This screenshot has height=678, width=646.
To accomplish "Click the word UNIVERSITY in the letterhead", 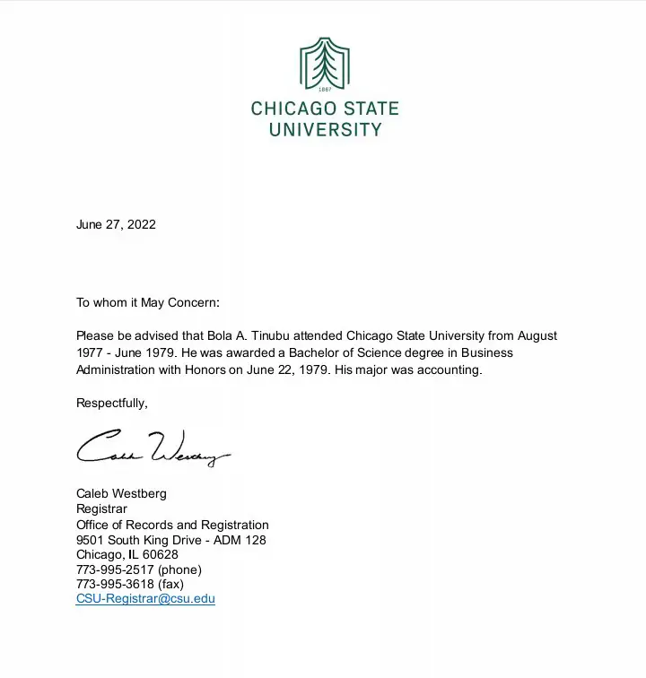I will click(325, 129).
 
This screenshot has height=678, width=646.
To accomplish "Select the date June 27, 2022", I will click(116, 224).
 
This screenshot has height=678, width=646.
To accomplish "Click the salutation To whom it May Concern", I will click(147, 302).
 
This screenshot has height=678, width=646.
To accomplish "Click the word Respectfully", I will click(111, 403).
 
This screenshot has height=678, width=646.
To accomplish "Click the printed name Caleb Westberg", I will click(121, 493).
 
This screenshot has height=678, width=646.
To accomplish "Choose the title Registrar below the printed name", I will click(101, 508).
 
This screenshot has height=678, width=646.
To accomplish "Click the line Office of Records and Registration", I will click(172, 525).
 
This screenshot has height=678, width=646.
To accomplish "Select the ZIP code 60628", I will click(161, 554).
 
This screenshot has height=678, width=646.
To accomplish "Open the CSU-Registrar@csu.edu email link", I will click(145, 599).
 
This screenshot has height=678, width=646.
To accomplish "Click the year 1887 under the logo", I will click(325, 90).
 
